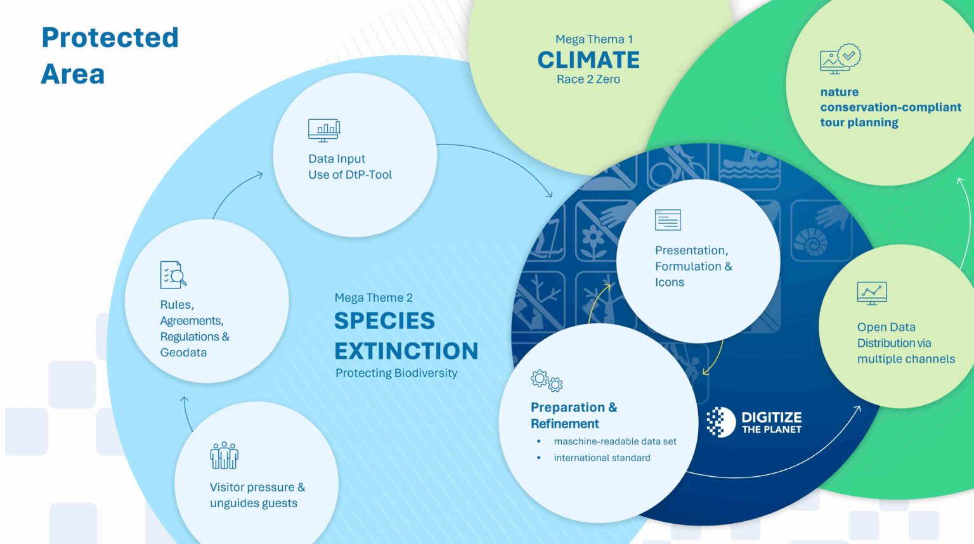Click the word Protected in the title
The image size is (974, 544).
[110, 38]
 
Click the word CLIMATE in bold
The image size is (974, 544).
[588, 60]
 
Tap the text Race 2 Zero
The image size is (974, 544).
[588, 79]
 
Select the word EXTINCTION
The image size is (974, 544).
[406, 351]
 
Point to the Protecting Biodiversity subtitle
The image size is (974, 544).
[396, 373]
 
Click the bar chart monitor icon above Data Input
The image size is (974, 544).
[324, 130]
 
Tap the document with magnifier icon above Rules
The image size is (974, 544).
[173, 275]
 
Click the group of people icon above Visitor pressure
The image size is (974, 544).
[224, 455]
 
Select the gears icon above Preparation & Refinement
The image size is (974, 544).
[546, 380]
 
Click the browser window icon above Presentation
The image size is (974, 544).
[668, 220]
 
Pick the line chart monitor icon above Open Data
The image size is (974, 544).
[872, 293]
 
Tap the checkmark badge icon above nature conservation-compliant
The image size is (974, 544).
[840, 59]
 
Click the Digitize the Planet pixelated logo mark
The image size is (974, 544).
[720, 422]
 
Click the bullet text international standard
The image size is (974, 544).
[602, 458]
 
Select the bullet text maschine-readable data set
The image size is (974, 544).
[614, 441]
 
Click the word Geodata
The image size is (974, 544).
[183, 353]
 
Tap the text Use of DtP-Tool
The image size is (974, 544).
[350, 175]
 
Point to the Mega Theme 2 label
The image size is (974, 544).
[373, 297]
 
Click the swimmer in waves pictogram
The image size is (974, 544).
[749, 166]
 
